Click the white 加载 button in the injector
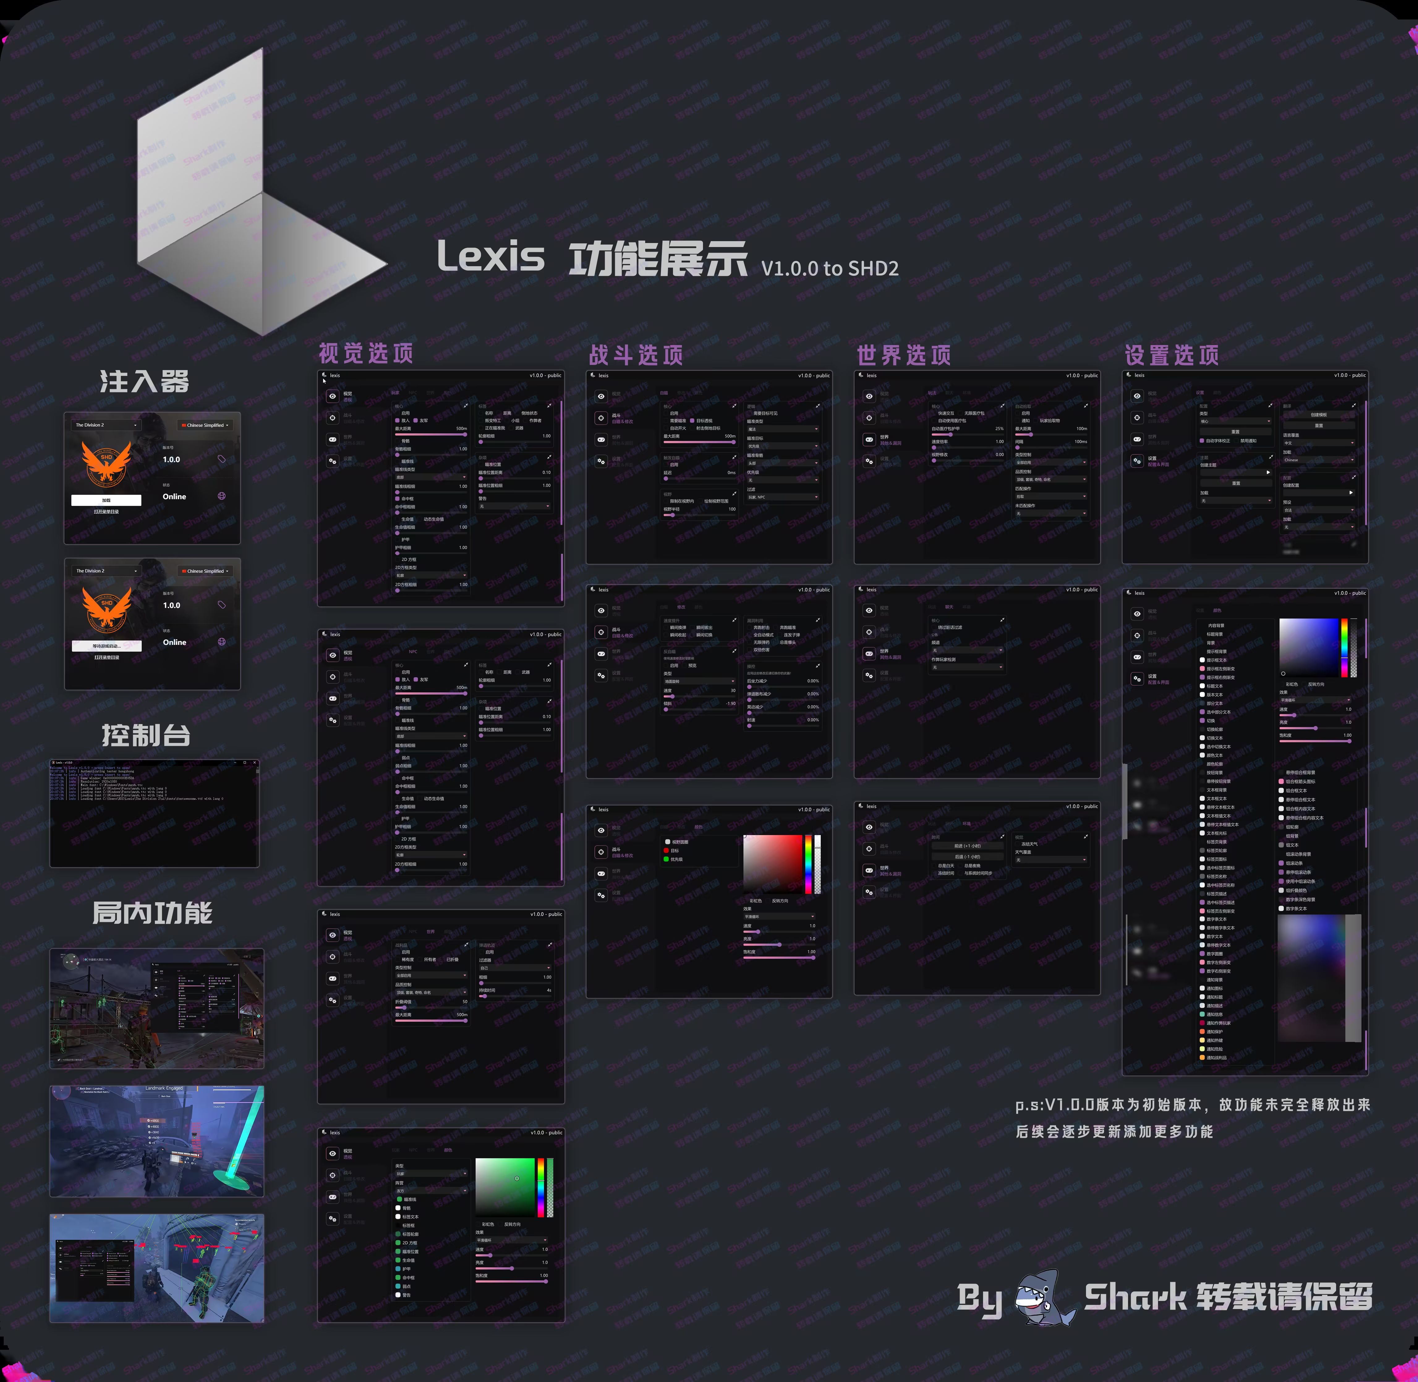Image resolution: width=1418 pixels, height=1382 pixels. [x=106, y=500]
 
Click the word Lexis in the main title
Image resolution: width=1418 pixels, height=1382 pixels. [x=491, y=257]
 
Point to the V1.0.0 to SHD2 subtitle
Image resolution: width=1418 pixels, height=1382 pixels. [x=829, y=269]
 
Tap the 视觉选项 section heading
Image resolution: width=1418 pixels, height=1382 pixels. [x=366, y=353]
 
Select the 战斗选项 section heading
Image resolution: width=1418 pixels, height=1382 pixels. [x=636, y=355]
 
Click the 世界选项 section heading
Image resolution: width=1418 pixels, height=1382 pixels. [x=904, y=355]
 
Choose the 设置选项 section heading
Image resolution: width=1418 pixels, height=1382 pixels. [x=1171, y=355]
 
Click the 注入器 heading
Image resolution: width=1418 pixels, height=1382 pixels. [x=144, y=381]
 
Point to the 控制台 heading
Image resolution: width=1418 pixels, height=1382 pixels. [x=146, y=735]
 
